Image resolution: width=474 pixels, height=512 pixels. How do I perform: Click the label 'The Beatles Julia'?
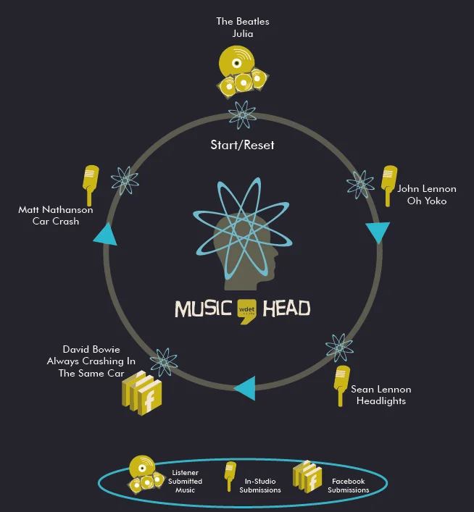pyautogui.click(x=242, y=27)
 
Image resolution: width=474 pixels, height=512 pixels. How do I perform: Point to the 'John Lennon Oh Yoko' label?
pyautogui.click(x=426, y=195)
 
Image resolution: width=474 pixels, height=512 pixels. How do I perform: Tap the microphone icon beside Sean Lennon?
pyautogui.click(x=341, y=385)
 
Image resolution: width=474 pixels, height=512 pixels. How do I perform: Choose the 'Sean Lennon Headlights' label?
pyautogui.click(x=381, y=395)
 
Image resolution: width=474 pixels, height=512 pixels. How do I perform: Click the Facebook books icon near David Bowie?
pyautogui.click(x=141, y=393)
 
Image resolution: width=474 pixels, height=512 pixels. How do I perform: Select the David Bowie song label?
pyautogui.click(x=91, y=361)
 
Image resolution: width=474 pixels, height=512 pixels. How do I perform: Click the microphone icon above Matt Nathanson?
pyautogui.click(x=90, y=185)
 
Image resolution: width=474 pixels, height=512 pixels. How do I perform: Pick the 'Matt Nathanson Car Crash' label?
pyautogui.click(x=56, y=215)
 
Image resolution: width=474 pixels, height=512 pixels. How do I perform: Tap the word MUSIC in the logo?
pyautogui.click(x=203, y=309)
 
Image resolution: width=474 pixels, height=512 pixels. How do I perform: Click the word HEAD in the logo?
pyautogui.click(x=285, y=309)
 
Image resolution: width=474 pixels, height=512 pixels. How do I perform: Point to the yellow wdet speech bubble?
pyautogui.click(x=245, y=311)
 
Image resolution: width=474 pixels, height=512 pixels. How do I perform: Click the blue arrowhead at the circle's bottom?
pyautogui.click(x=245, y=388)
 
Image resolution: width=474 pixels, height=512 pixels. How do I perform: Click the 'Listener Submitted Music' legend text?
pyautogui.click(x=185, y=481)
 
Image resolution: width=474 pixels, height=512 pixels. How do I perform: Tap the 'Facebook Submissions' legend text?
pyautogui.click(x=348, y=485)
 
